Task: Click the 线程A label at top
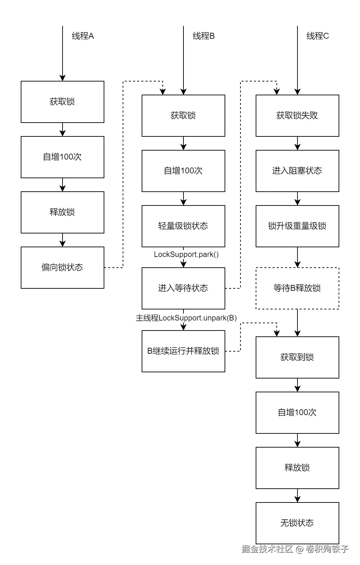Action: (83, 36)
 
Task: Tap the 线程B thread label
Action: (203, 36)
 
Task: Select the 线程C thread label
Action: (318, 36)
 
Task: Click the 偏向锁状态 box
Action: (62, 267)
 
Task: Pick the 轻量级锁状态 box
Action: (183, 226)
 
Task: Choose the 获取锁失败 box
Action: (297, 115)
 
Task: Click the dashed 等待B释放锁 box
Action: (297, 288)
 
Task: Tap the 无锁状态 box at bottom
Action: (297, 523)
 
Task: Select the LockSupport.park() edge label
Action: (186, 255)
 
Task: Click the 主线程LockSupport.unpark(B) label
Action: (186, 318)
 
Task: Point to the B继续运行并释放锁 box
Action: (183, 351)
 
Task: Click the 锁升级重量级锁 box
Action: (297, 226)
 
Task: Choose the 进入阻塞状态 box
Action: (297, 171)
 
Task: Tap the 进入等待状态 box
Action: (183, 288)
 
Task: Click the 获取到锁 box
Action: (297, 357)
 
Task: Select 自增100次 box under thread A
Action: (62, 157)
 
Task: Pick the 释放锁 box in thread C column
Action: (297, 468)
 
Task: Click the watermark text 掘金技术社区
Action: (267, 549)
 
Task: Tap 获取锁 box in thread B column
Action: (183, 115)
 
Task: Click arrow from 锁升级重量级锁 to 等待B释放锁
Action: (297, 257)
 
